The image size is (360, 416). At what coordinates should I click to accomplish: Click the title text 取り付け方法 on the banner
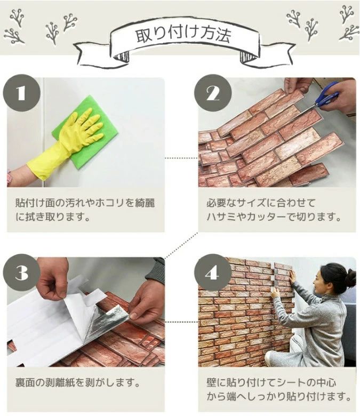pyautogui.click(x=183, y=36)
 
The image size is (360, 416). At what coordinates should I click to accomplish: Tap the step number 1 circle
pyautogui.click(x=21, y=93)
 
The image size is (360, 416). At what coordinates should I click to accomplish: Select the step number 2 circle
pyautogui.click(x=213, y=93)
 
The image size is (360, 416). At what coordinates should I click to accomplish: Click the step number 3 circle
pyautogui.click(x=21, y=273)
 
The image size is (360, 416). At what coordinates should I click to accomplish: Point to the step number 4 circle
pyautogui.click(x=213, y=273)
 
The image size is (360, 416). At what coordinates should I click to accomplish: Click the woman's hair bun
pyautogui.click(x=351, y=278)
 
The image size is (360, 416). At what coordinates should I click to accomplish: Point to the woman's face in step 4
pyautogui.click(x=318, y=282)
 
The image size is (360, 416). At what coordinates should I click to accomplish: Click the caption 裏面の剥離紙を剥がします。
pyautogui.click(x=77, y=383)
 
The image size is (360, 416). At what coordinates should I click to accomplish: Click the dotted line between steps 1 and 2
pyautogui.click(x=181, y=158)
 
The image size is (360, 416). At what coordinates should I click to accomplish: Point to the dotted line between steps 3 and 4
pyautogui.click(x=181, y=322)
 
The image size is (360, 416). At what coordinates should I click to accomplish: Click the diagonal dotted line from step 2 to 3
pyautogui.click(x=181, y=245)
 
